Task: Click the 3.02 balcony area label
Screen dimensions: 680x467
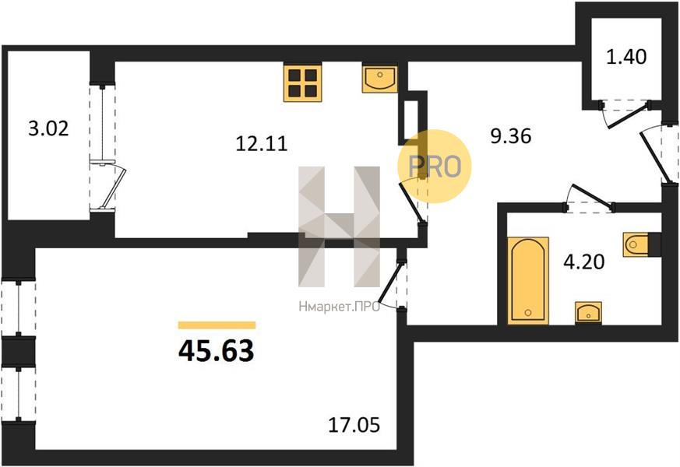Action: (48, 128)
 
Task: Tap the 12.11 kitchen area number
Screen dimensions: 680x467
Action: (261, 143)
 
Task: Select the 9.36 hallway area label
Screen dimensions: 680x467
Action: (510, 136)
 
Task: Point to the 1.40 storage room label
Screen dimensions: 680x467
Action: (625, 57)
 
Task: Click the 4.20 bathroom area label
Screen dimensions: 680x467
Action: (583, 262)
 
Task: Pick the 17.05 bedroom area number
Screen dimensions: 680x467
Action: (354, 425)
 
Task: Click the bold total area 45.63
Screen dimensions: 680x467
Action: (216, 351)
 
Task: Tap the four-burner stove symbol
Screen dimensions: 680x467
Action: (303, 83)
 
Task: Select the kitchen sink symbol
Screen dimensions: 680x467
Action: (379, 79)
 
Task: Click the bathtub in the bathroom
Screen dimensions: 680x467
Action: (528, 281)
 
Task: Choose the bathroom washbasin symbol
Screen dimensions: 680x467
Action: (588, 312)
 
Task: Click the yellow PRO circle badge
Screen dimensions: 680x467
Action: (435, 167)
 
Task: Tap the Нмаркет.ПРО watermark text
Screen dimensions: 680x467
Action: (340, 307)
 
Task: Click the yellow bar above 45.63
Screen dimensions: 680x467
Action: (217, 325)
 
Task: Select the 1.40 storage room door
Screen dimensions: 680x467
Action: (627, 116)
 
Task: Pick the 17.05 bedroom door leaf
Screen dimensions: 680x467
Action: (391, 282)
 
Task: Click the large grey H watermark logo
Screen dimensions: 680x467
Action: (339, 226)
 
